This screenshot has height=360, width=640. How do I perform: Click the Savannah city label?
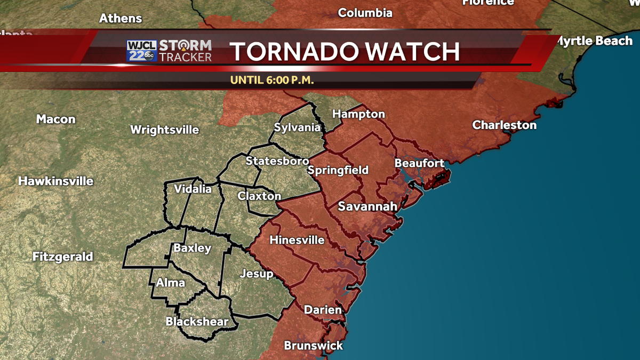point(367,206)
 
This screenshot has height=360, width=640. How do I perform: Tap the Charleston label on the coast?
point(504,125)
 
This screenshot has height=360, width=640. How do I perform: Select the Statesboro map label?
point(277,161)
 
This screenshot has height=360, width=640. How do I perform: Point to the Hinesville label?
point(297,240)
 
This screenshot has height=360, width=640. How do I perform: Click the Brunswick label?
point(313,346)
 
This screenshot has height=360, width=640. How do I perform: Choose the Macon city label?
point(55,119)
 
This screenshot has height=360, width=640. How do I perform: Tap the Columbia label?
point(365,13)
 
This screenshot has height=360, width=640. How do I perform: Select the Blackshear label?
point(197,322)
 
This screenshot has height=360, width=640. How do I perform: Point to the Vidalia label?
point(193,189)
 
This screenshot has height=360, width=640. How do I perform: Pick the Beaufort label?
point(419,163)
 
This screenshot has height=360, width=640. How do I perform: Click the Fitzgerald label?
point(62,257)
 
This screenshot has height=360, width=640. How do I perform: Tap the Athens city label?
point(121,18)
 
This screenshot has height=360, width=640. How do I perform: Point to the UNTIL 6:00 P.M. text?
point(271,81)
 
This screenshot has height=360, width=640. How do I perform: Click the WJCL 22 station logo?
point(141,51)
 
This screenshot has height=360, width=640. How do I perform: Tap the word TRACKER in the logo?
point(186,57)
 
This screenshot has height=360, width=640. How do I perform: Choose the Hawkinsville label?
point(55,181)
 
